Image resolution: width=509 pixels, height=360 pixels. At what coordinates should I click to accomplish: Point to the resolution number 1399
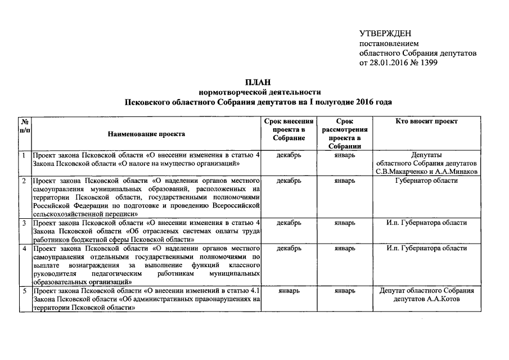coord(428,62)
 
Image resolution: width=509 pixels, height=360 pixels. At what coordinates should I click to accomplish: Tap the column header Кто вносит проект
coord(426,121)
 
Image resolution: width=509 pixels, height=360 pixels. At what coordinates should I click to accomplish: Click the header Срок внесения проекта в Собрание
coord(289,129)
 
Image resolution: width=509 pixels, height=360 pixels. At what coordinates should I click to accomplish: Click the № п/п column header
coord(25,125)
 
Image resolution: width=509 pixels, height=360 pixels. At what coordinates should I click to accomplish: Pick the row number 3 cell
coord(24,223)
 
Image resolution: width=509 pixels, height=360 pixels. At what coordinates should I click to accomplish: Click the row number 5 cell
coord(24,291)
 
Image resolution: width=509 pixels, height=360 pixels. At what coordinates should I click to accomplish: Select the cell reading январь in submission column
coord(289,291)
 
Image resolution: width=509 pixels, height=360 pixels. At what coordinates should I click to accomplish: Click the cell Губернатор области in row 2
coord(426,181)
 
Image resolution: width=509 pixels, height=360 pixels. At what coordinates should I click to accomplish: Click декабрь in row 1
coord(289,155)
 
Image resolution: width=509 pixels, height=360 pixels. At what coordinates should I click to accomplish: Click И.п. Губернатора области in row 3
coord(426,223)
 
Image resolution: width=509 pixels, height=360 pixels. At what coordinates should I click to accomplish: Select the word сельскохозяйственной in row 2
coord(65,214)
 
